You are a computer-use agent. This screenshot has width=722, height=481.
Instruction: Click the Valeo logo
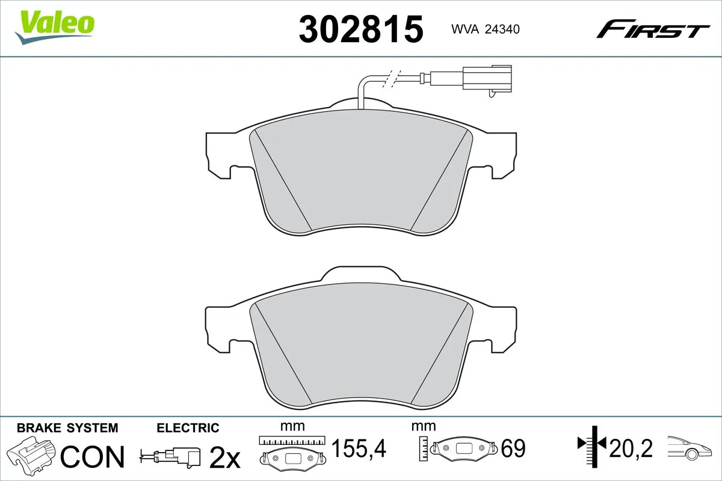coord(55,26)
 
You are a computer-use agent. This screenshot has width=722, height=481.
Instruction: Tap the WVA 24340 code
coord(477,28)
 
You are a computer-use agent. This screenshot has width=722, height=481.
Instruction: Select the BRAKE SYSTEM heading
coord(67,428)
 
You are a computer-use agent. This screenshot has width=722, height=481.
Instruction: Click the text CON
coord(93,457)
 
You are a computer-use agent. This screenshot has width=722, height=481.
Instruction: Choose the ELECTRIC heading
coord(188,428)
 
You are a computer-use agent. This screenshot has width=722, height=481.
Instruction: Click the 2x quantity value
coord(224,458)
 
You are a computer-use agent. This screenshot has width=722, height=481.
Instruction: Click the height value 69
coord(513,449)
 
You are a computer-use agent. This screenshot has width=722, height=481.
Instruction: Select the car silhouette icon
coord(692,449)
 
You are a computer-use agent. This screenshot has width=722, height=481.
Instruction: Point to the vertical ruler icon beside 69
coord(425,448)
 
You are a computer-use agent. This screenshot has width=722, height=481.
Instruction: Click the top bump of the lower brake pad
coord(361,274)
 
